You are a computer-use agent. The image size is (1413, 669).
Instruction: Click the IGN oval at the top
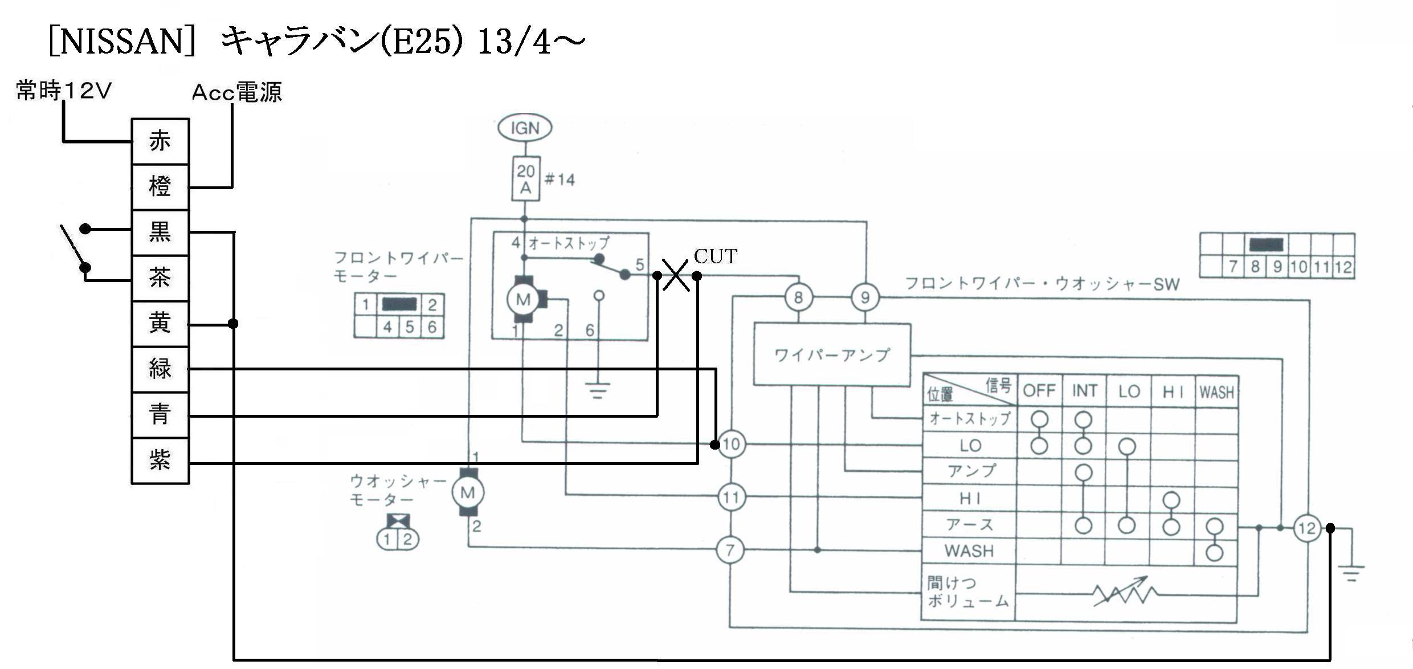pyautogui.click(x=525, y=128)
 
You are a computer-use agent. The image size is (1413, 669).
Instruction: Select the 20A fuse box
pyautogui.click(x=525, y=179)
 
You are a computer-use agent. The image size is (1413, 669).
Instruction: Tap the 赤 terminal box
pyautogui.click(x=160, y=141)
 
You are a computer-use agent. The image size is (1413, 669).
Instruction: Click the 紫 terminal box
pyautogui.click(x=160, y=460)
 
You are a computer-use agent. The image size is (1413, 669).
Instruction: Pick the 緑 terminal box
pyautogui.click(x=160, y=369)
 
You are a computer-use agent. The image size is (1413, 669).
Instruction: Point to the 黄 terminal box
pyautogui.click(x=160, y=324)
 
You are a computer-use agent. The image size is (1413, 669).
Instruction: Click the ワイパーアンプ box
pyautogui.click(x=832, y=355)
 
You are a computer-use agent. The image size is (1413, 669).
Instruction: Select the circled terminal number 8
pyautogui.click(x=798, y=297)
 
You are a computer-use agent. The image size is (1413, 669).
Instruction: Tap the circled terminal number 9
pyautogui.click(x=865, y=297)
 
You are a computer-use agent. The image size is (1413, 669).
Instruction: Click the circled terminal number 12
pyautogui.click(x=1307, y=528)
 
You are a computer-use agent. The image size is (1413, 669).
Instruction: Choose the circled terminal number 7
pyautogui.click(x=730, y=550)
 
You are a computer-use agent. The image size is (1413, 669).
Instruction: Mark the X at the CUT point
pyautogui.click(x=676, y=275)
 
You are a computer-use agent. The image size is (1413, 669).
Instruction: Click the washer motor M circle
pyautogui.click(x=468, y=493)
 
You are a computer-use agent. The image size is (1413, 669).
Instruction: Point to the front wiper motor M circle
pyautogui.click(x=523, y=300)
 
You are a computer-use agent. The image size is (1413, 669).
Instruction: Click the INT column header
pyautogui.click(x=1084, y=391)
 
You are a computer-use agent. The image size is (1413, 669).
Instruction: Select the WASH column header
pyautogui.click(x=1216, y=392)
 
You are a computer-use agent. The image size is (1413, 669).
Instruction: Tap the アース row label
pyautogui.click(x=969, y=525)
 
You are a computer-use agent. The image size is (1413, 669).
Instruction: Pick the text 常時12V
pyautogui.click(x=64, y=91)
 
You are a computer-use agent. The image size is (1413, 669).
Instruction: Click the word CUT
pyautogui.click(x=716, y=256)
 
